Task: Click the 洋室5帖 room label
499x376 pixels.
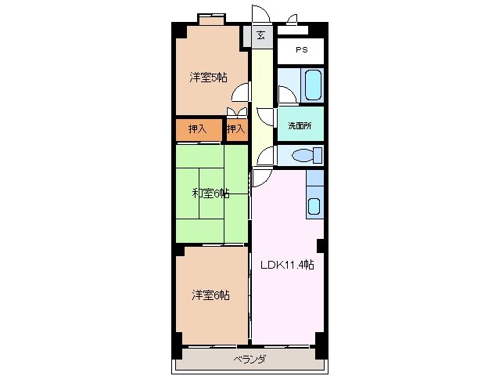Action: point(208,78)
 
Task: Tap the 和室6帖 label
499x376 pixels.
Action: point(210,193)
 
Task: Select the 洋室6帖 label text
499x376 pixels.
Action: point(211,295)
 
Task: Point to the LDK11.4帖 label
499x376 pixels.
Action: point(287,265)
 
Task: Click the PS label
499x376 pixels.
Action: point(301,50)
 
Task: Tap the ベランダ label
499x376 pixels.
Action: point(249,360)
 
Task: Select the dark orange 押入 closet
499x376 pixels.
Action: point(198,129)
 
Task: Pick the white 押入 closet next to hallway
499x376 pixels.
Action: point(235,129)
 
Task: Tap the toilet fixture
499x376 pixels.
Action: point(301,156)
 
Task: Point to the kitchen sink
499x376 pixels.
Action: point(314,206)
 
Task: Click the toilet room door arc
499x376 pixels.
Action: point(266,154)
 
